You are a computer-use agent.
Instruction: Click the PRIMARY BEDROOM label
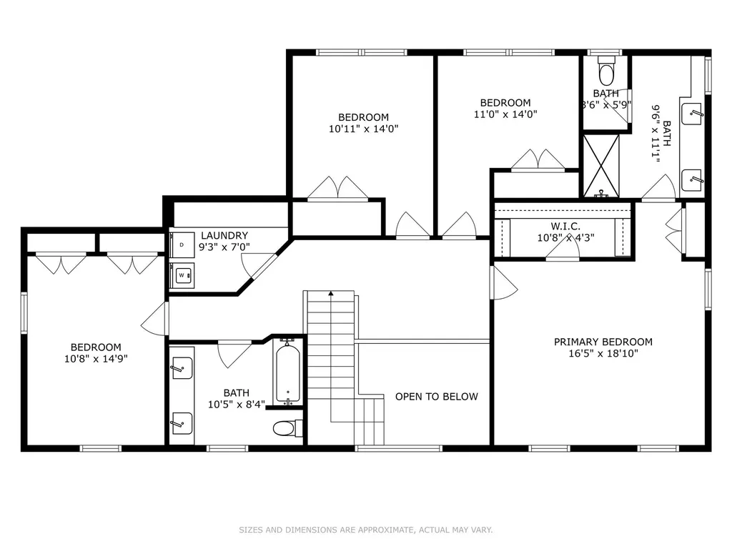tap(603, 342)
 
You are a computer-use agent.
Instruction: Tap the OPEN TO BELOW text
tap(437, 396)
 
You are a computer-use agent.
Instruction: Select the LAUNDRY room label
tap(224, 235)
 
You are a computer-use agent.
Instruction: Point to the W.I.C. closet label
tap(565, 226)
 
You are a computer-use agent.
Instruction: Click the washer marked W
tap(182, 275)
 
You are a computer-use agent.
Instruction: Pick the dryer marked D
tap(182, 244)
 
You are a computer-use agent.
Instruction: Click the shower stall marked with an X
tap(601, 166)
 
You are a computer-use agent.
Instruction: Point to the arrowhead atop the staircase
tap(330, 293)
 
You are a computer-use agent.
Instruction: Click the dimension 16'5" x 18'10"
tap(603, 353)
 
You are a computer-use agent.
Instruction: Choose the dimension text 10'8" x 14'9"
tap(96, 359)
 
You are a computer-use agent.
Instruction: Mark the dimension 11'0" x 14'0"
tap(505, 114)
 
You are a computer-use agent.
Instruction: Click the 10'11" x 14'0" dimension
tap(363, 129)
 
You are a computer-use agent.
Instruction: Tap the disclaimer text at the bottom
tap(366, 530)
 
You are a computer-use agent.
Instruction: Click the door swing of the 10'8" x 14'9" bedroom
tap(154, 318)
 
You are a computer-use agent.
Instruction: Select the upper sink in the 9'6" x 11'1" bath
tap(692, 114)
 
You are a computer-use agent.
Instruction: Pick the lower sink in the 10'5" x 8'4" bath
tap(182, 424)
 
